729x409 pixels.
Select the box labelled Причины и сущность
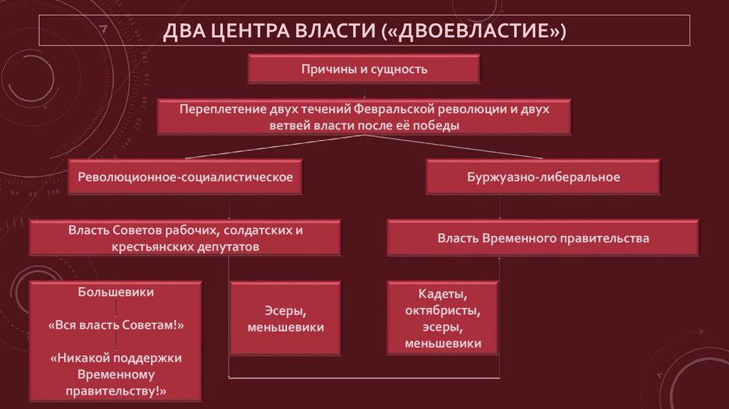click(364, 69)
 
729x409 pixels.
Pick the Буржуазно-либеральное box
click(543, 177)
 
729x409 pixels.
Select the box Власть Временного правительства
click(543, 238)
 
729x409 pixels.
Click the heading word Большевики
click(116, 292)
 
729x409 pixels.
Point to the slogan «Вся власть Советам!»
click(116, 325)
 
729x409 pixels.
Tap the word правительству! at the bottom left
click(116, 390)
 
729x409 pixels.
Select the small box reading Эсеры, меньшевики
click(285, 319)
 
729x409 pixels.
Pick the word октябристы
click(442, 311)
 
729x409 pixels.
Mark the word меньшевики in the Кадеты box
click(442, 343)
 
